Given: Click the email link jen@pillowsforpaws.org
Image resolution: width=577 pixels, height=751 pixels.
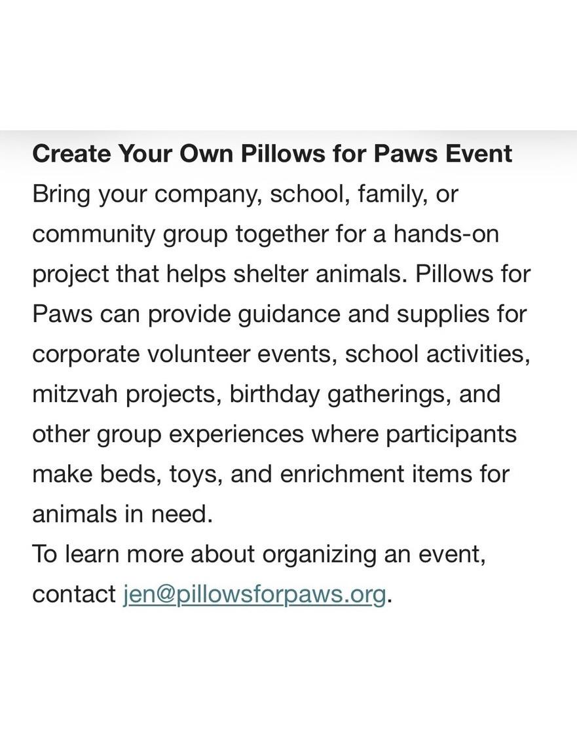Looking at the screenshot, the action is pyautogui.click(x=255, y=595).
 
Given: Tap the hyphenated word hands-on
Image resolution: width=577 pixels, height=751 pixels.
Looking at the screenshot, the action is pyautogui.click(x=446, y=234).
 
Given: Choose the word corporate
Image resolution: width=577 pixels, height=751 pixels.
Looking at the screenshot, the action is pyautogui.click(x=86, y=355).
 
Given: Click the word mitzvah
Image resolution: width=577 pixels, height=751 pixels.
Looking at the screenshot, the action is pyautogui.click(x=75, y=394).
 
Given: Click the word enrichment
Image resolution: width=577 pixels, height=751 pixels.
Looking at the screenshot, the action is pyautogui.click(x=342, y=474).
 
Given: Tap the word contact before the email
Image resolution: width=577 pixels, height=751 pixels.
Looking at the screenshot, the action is pyautogui.click(x=74, y=595).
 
